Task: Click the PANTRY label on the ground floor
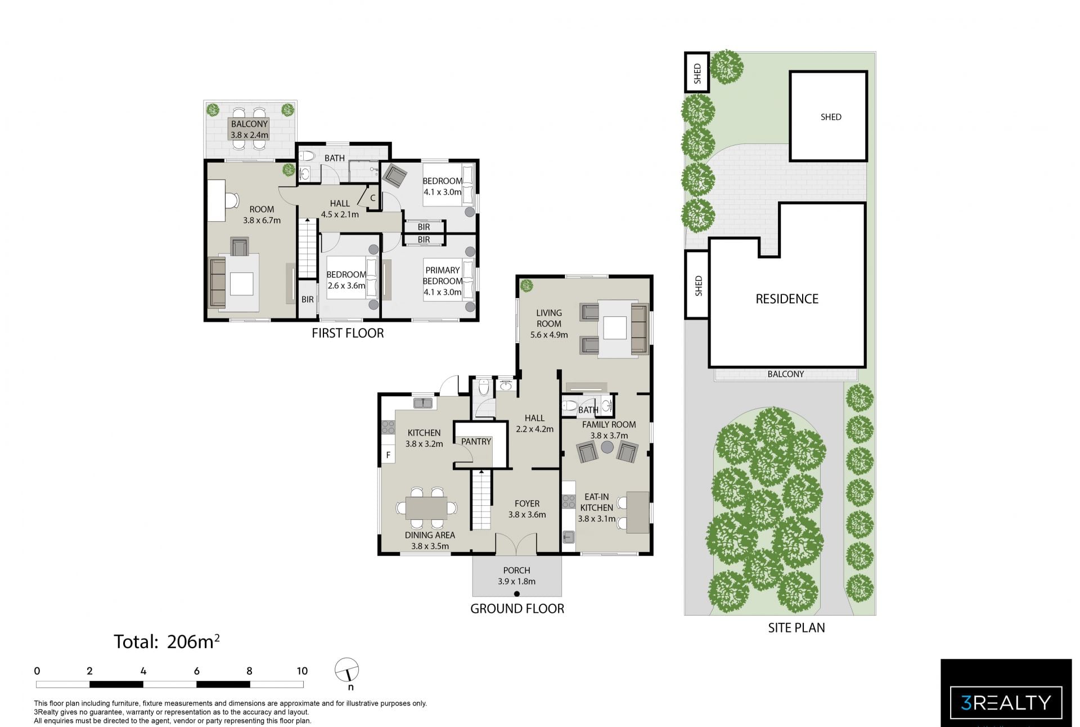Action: [476, 442]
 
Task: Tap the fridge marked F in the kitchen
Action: [388, 455]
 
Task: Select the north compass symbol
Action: [347, 671]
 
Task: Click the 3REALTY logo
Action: [1006, 702]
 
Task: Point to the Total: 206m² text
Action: [166, 641]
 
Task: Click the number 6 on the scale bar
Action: [196, 671]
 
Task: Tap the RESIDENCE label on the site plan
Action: [786, 299]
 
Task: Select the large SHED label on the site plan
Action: [831, 117]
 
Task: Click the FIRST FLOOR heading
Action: [348, 333]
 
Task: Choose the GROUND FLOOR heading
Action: [517, 608]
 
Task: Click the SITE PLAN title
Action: [796, 628]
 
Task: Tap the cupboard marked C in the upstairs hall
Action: [372, 198]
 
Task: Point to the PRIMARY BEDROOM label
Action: [443, 276]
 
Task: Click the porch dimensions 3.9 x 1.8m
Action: [516, 582]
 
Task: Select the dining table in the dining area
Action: [426, 508]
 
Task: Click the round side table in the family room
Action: [607, 447]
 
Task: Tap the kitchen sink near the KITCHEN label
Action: [422, 403]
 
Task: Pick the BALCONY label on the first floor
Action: [249, 124]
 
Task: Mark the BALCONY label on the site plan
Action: [786, 374]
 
